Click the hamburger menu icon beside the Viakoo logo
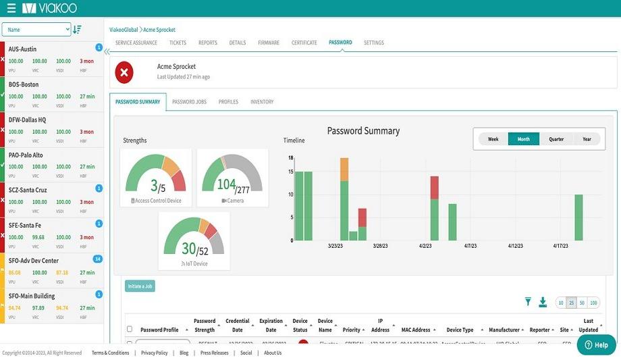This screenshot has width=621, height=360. click(x=11, y=9)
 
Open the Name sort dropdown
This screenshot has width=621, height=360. click(x=36, y=30)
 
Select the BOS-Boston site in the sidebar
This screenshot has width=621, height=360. click(x=24, y=84)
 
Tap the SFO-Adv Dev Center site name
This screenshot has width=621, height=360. click(x=34, y=261)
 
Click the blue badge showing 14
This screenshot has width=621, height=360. click(x=98, y=259)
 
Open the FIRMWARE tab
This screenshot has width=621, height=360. click(x=268, y=43)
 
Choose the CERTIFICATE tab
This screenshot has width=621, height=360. click(x=304, y=43)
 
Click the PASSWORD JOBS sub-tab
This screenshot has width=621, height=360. click(x=189, y=102)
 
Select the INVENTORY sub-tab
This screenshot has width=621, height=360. click(x=262, y=102)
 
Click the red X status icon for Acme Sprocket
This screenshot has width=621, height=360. click(x=124, y=72)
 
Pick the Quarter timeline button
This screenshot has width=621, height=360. click(x=556, y=139)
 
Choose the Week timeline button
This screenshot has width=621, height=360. click(x=493, y=139)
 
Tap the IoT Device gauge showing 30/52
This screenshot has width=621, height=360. click(x=194, y=242)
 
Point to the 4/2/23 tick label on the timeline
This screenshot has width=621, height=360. click(x=425, y=247)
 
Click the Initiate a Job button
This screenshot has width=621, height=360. click(x=140, y=286)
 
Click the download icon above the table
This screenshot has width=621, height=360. click(x=543, y=303)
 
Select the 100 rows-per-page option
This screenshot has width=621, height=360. click(x=593, y=303)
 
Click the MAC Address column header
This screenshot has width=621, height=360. click(x=416, y=330)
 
